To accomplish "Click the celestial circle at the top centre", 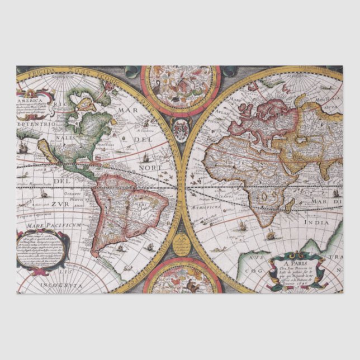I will [x=180, y=88].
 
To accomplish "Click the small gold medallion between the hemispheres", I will [x=181, y=244].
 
